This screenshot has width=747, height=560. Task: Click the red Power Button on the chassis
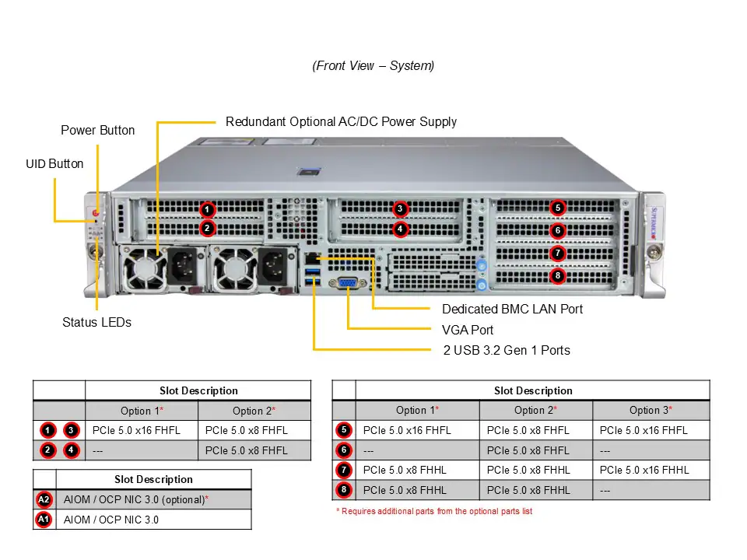[96, 212]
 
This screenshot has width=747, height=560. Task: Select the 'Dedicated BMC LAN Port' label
[512, 309]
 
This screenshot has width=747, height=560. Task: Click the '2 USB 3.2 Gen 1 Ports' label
[507, 350]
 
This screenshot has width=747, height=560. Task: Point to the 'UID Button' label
[54, 163]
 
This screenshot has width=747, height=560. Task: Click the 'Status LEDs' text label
[96, 322]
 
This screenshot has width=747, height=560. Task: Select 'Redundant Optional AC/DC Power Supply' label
[341, 121]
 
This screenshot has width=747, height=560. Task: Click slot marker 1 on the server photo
[207, 209]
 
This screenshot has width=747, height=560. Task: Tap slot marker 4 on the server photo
[399, 229]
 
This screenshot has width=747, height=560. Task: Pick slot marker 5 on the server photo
[557, 208]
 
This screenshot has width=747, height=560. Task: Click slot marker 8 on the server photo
[557, 275]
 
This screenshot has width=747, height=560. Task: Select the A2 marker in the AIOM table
[44, 499]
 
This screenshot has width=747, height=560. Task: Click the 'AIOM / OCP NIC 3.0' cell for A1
[110, 519]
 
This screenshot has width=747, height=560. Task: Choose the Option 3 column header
[651, 410]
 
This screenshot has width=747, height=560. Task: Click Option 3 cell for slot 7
[644, 470]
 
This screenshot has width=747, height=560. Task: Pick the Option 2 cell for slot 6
[528, 450]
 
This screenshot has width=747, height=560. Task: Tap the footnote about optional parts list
[434, 511]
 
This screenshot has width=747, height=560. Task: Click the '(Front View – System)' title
[373, 66]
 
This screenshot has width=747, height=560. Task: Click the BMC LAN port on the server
[312, 257]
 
